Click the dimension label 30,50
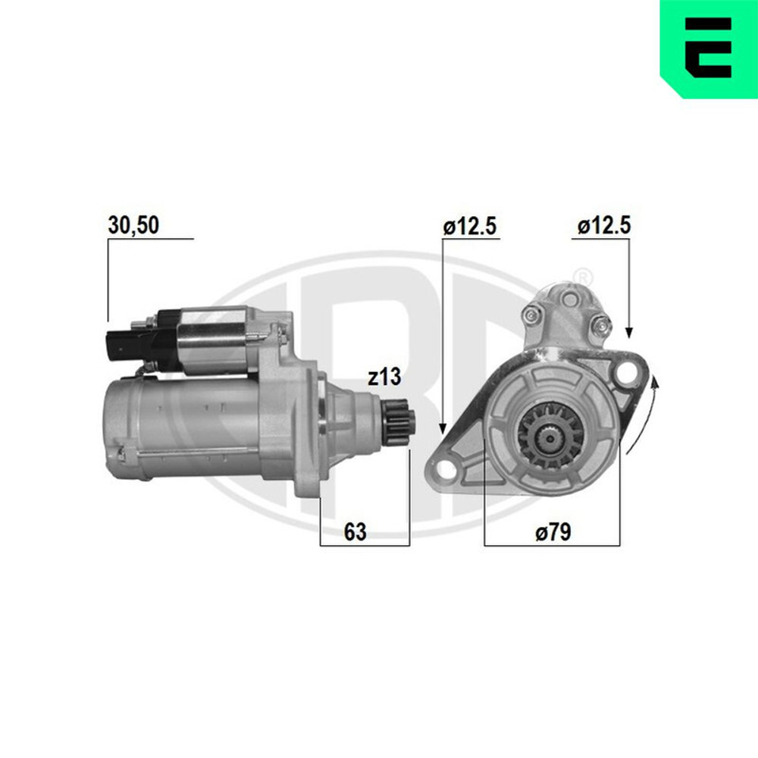click(133, 225)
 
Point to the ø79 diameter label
click(552, 532)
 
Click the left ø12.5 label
click(471, 225)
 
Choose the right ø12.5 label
click(603, 225)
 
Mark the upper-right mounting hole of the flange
click(626, 372)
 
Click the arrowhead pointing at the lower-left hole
click(443, 429)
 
